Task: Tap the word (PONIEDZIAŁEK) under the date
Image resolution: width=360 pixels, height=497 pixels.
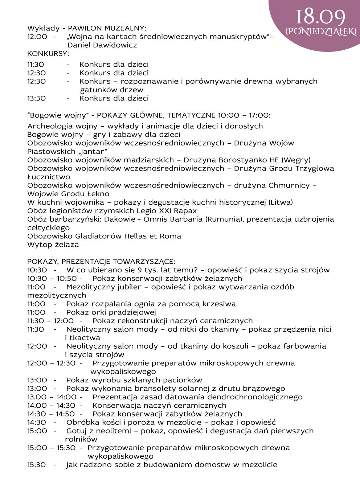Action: (x=321, y=31)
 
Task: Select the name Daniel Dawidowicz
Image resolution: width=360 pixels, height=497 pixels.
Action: (x=102, y=45)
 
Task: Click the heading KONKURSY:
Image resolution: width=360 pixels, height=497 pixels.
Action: (x=48, y=54)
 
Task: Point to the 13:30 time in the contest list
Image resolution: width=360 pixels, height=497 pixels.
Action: (x=37, y=98)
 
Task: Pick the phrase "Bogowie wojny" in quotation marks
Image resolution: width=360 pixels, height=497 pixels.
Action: (x=58, y=115)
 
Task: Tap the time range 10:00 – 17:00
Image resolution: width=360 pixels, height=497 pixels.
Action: (x=244, y=115)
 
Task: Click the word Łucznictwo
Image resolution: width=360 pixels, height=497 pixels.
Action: (x=49, y=177)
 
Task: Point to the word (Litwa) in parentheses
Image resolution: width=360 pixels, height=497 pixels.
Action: (x=281, y=202)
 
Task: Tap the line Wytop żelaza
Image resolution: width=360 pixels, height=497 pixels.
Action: (x=53, y=245)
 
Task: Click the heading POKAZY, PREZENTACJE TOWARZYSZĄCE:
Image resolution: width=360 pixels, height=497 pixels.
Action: (x=101, y=262)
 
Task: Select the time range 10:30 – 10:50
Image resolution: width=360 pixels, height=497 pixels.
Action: (x=52, y=279)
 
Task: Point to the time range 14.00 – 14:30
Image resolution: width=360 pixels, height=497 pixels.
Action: (x=51, y=406)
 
